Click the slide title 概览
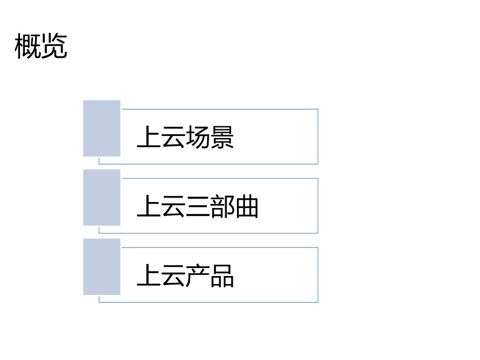41,46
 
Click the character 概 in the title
28,46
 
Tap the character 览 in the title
54,46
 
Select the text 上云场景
185,137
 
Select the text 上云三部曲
197,207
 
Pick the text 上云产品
185,276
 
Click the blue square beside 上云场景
102,128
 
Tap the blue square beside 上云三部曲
102,197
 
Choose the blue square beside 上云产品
102,267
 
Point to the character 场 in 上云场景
197,137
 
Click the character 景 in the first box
222,137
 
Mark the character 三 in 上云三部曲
197,207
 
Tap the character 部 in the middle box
222,207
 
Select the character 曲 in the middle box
247,207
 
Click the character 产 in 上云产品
197,276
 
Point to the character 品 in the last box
222,276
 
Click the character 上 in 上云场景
149,137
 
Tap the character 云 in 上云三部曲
173,207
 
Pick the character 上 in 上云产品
149,276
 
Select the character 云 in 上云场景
173,137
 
